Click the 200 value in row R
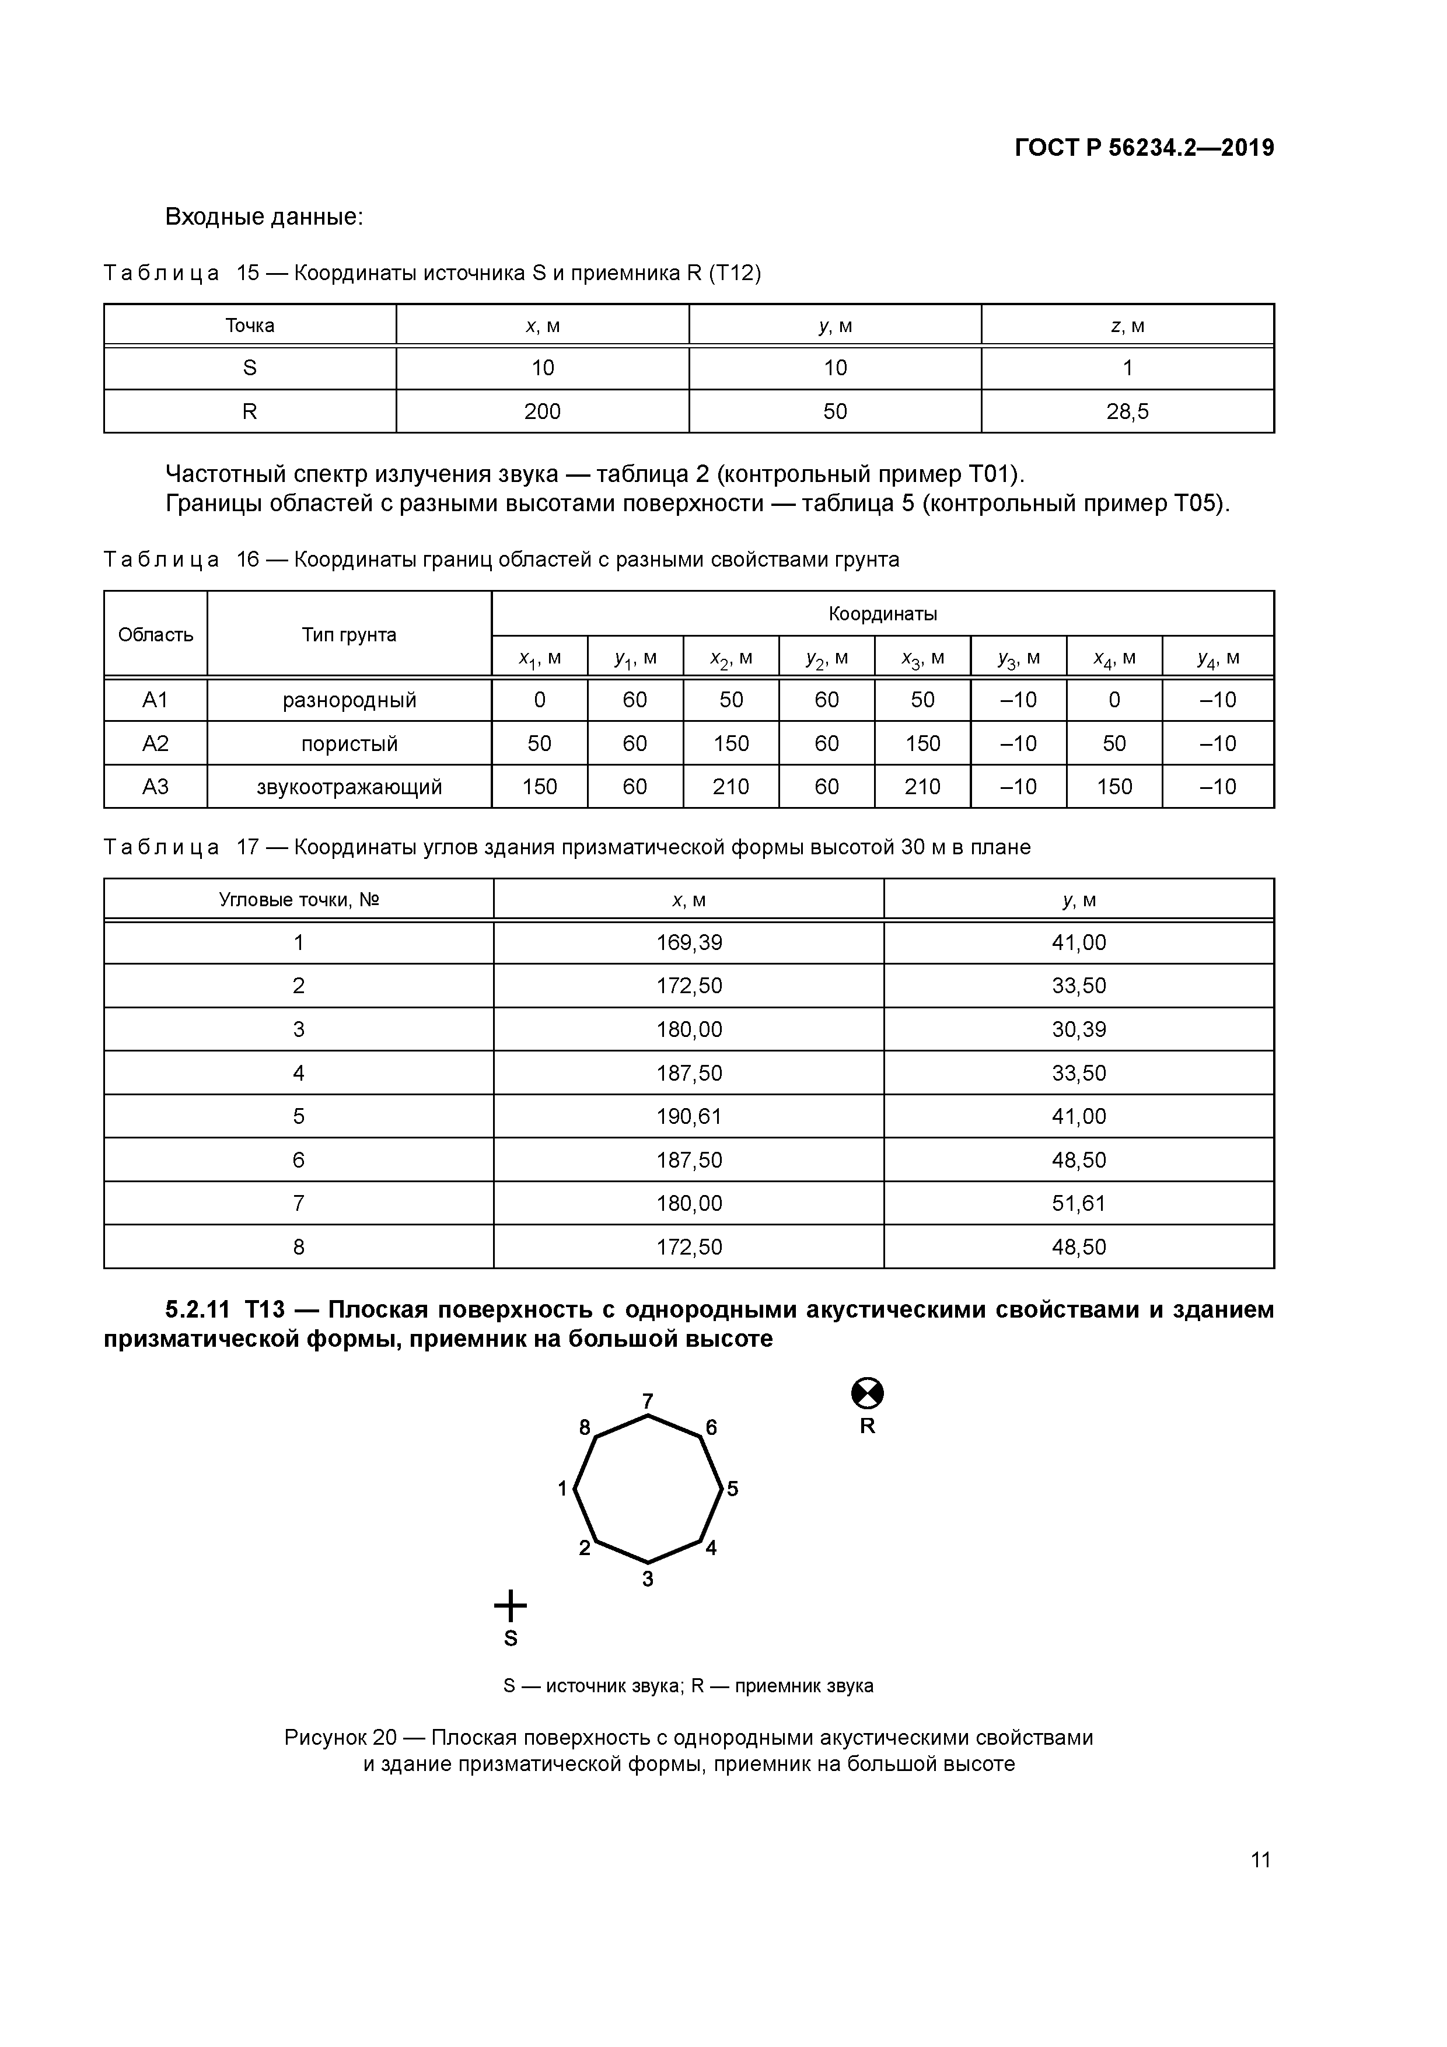coord(542,412)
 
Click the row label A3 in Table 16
coord(155,787)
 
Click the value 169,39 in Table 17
coord(688,942)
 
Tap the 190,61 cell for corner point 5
coord(688,1116)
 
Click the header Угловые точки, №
coord(299,900)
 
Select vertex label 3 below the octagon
coord(648,1579)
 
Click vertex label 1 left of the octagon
coord(562,1488)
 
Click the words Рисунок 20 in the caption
coord(340,1738)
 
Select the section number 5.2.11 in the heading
coord(197,1309)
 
